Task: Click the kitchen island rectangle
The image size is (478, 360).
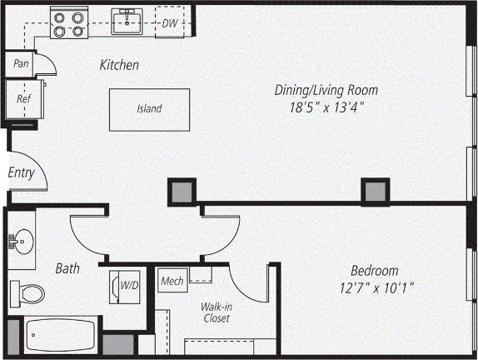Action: click(149, 108)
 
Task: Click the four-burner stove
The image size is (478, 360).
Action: click(68, 22)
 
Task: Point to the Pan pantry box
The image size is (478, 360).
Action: click(20, 63)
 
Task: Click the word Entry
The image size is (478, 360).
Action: click(21, 173)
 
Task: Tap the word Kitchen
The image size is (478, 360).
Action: click(119, 65)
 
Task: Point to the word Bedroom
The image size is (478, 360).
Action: click(374, 271)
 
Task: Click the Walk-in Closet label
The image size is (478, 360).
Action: click(216, 312)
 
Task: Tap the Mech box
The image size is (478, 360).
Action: click(172, 281)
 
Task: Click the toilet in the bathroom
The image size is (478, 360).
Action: click(30, 293)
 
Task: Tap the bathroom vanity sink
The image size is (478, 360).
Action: click(22, 241)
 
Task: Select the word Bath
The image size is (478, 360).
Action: click(67, 268)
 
